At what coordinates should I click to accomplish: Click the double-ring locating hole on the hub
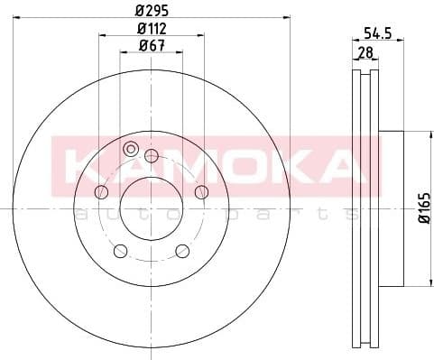(130, 149)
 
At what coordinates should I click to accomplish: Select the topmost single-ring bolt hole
(151, 155)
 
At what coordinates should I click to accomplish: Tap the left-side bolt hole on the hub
(101, 191)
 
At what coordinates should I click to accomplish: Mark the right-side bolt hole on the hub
(200, 190)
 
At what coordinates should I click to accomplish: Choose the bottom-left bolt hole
(120, 250)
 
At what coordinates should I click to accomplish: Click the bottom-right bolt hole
(181, 250)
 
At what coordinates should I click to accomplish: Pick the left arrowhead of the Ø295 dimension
(23, 17)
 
